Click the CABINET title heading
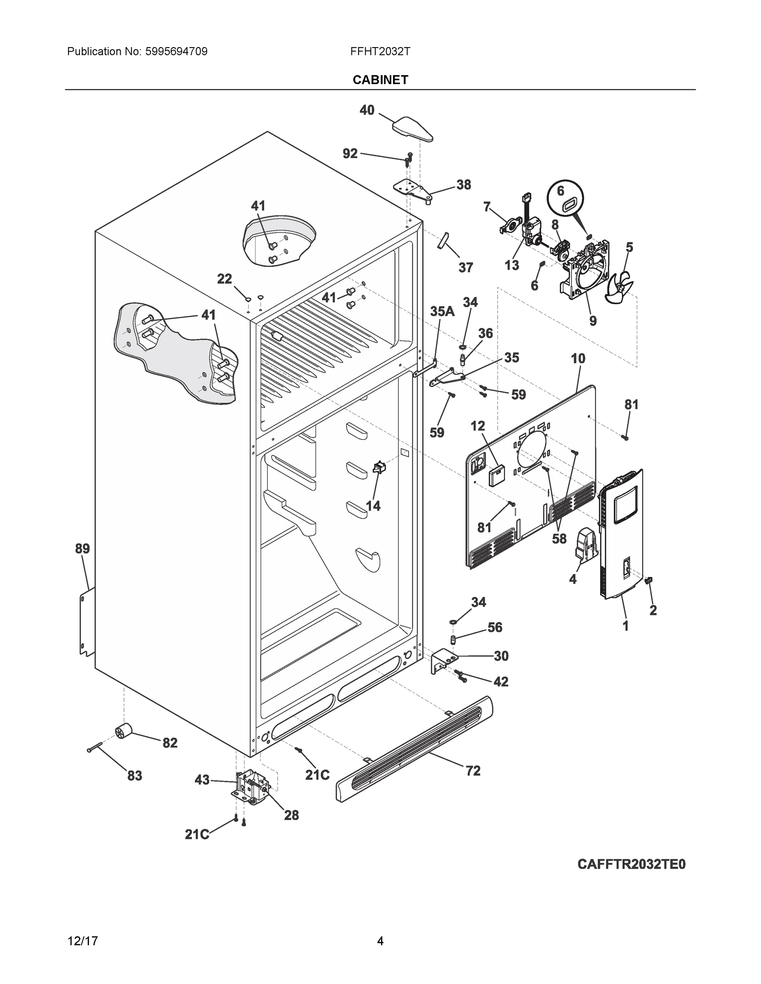click(x=380, y=80)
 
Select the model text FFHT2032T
click(x=380, y=51)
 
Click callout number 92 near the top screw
click(x=350, y=154)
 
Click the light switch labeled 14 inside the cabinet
click(x=379, y=468)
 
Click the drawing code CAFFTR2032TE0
click(x=631, y=865)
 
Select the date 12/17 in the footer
click(x=82, y=941)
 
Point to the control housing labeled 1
click(x=621, y=536)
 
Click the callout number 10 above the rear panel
click(x=578, y=359)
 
